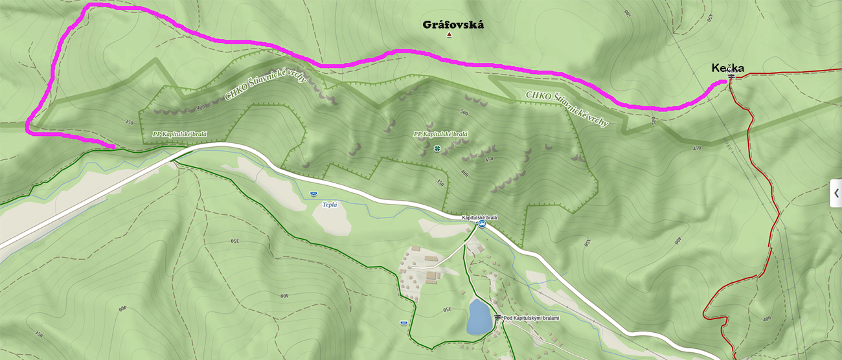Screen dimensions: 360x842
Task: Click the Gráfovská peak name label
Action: (453, 25)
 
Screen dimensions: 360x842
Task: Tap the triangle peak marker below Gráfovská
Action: (449, 35)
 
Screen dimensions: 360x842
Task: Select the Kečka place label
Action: (727, 68)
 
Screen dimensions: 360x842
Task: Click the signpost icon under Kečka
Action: (731, 77)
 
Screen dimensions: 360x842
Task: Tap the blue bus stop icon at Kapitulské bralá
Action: (482, 224)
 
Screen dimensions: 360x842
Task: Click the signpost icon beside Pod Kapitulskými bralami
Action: (497, 318)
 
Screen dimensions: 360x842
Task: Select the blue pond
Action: (479, 316)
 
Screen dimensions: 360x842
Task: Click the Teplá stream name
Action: (330, 204)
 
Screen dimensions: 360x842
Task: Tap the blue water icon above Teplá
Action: (313, 194)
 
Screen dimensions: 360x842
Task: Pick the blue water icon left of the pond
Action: (404, 322)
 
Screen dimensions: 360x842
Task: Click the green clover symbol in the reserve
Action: (437, 148)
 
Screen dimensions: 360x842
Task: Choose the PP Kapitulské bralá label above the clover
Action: (440, 134)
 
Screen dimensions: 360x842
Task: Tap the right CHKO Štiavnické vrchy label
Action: (567, 107)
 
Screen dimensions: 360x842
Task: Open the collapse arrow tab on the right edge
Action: (836, 194)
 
